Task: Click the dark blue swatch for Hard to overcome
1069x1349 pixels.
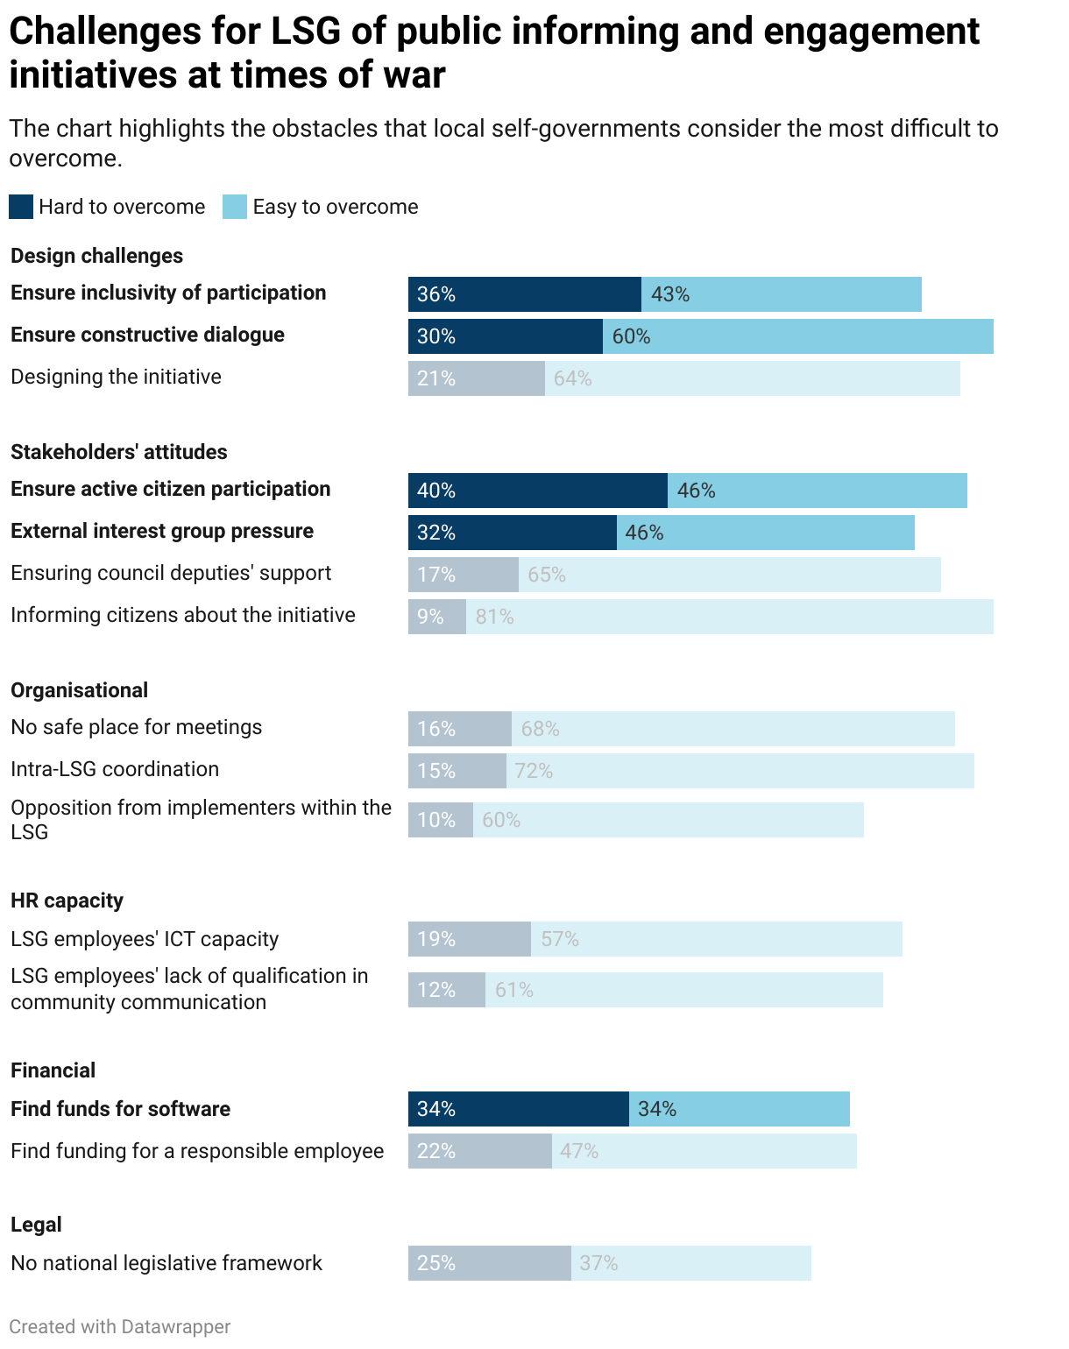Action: click(x=21, y=207)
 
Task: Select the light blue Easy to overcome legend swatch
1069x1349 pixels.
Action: click(x=235, y=207)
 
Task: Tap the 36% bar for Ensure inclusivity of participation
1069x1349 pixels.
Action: click(x=524, y=294)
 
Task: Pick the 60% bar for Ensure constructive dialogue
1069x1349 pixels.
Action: click(x=797, y=336)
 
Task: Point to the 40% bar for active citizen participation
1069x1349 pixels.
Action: click(x=537, y=491)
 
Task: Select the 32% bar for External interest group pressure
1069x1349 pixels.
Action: click(x=512, y=533)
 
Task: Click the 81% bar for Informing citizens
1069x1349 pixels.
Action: click(x=729, y=617)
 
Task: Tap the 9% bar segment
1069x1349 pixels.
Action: click(x=436, y=617)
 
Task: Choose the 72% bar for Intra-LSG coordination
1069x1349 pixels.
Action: click(x=740, y=771)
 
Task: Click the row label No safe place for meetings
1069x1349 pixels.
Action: click(x=137, y=727)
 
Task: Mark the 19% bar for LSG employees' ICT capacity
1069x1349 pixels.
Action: click(x=469, y=939)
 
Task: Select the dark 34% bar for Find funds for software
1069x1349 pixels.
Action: click(x=518, y=1109)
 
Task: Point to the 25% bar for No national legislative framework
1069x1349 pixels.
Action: click(x=489, y=1263)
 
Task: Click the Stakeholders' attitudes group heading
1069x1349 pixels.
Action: click(x=119, y=452)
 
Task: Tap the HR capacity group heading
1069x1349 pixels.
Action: click(x=67, y=901)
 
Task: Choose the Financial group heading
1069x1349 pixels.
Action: click(x=53, y=1070)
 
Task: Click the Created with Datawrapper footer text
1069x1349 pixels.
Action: click(x=120, y=1326)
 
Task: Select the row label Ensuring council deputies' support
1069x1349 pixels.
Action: click(x=171, y=573)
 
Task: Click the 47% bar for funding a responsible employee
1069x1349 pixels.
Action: click(x=704, y=1151)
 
